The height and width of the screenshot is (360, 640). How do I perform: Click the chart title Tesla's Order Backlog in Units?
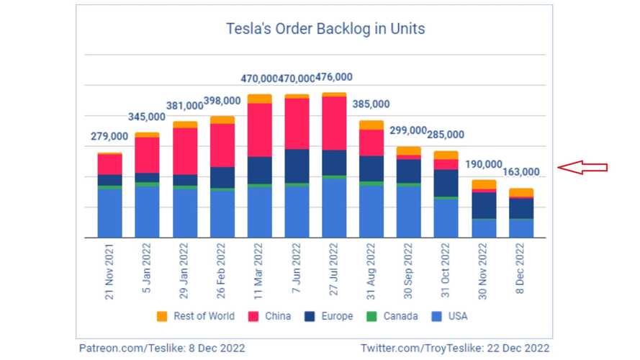point(325,30)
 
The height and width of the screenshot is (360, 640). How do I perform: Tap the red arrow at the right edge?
point(583,168)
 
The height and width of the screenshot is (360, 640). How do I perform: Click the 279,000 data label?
point(109,136)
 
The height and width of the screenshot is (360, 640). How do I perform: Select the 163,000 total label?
point(520,171)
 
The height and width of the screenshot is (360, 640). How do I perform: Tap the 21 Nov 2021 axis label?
point(110,271)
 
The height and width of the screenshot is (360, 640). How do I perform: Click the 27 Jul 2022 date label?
point(334,272)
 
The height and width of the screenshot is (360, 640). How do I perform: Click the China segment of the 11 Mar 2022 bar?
point(259,130)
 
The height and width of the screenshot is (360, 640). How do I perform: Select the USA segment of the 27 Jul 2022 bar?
point(334,207)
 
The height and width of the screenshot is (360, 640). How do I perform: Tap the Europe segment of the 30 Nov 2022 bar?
point(484,205)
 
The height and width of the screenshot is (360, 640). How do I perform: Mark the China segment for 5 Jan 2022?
point(147,155)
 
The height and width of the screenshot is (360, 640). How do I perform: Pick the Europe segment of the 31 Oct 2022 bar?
point(446,183)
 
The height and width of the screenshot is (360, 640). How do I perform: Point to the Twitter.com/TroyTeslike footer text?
point(456,348)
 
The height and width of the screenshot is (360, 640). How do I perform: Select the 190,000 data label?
point(483,164)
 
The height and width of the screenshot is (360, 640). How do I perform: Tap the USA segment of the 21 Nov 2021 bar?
point(110,213)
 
